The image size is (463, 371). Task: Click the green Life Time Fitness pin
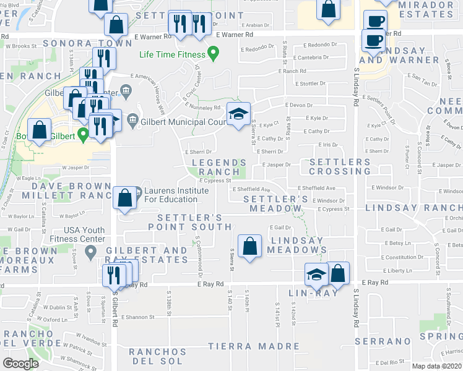click(x=214, y=54)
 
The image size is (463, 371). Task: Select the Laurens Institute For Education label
click(x=176, y=195)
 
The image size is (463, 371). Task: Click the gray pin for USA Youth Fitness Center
click(x=91, y=251)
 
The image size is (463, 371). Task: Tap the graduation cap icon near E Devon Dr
click(x=238, y=114)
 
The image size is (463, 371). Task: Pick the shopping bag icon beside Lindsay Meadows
click(x=249, y=246)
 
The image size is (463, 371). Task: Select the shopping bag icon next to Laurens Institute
click(x=124, y=198)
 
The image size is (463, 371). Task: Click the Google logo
click(x=20, y=363)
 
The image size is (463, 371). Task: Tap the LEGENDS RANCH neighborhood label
click(x=215, y=167)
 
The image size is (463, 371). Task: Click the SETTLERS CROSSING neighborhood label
click(x=335, y=166)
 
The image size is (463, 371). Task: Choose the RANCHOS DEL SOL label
click(x=157, y=356)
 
